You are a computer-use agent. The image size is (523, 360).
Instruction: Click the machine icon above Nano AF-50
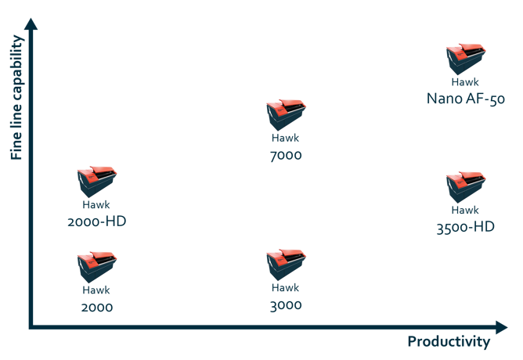[x=465, y=59]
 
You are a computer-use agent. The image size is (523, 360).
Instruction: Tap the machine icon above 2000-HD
[x=96, y=182]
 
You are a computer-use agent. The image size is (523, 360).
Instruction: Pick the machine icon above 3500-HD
[x=465, y=188]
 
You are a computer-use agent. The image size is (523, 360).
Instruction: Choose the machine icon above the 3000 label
[x=285, y=265]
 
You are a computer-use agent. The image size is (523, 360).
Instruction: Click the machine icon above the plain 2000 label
[x=96, y=267]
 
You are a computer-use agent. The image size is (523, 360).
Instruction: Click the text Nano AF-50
[x=466, y=99]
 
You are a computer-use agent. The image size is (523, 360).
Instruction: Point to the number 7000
[x=285, y=155]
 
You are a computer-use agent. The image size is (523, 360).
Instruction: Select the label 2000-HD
[x=96, y=221]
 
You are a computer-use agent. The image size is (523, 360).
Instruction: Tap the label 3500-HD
[x=465, y=228]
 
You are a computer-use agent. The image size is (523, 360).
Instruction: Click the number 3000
[x=285, y=305]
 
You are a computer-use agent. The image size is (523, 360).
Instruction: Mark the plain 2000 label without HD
[x=96, y=307]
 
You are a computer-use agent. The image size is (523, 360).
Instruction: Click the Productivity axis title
[x=449, y=342]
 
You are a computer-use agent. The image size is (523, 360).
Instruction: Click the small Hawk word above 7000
[x=285, y=138]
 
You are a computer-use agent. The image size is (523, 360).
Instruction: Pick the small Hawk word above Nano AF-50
[x=465, y=81]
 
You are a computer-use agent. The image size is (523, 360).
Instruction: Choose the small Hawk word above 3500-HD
[x=465, y=210]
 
